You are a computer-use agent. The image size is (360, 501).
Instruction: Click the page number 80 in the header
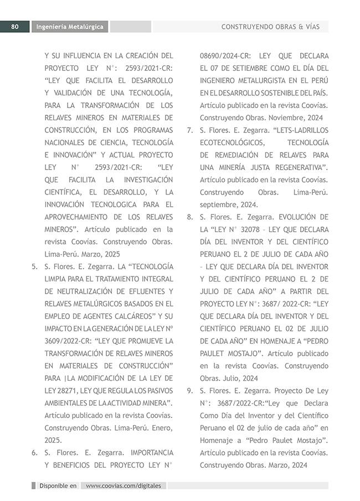click(x=15, y=27)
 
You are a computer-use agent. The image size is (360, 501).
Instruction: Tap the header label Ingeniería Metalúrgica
click(x=70, y=27)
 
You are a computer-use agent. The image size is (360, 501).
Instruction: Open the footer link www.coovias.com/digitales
click(x=124, y=485)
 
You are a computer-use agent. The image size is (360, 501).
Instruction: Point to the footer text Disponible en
click(x=58, y=485)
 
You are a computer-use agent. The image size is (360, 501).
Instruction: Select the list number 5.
click(x=34, y=266)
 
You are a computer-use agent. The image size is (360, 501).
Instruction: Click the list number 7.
click(x=189, y=130)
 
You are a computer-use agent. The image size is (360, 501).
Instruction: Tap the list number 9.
click(x=189, y=390)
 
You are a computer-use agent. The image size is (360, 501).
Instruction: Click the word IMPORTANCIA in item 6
click(x=146, y=452)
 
